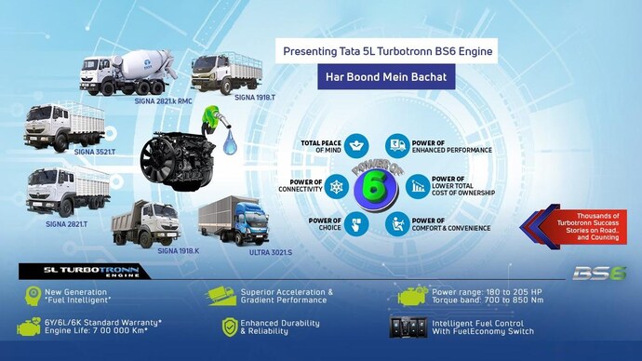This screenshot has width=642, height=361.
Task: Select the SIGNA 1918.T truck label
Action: [255, 97]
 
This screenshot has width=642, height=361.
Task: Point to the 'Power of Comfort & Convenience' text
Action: [457, 224]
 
